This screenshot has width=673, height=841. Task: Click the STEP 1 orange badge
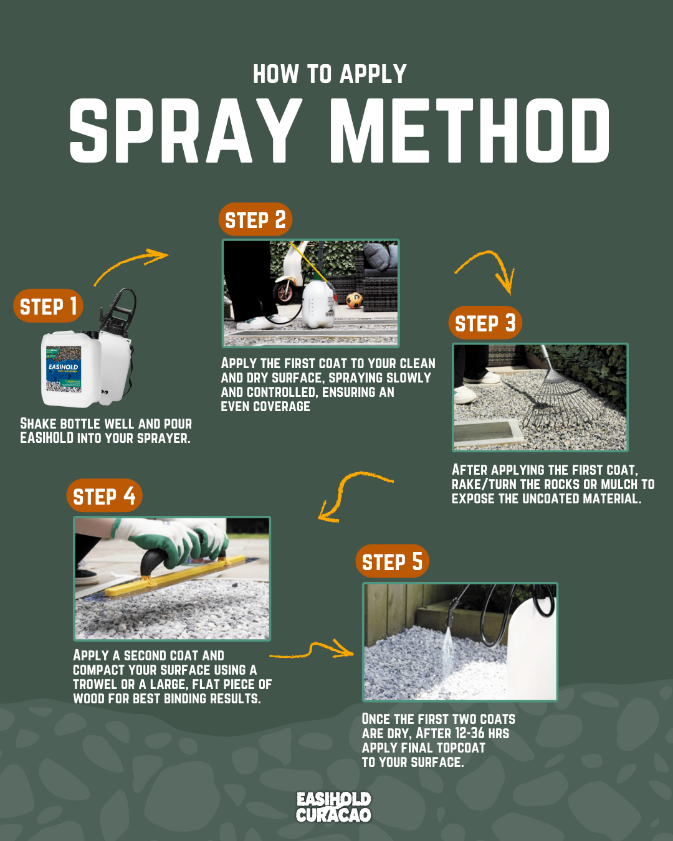pyautogui.click(x=48, y=306)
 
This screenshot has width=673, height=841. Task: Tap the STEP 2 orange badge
pyautogui.click(x=255, y=219)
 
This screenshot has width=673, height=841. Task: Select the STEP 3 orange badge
pyautogui.click(x=485, y=323)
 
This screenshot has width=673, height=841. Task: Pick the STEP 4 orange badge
pyautogui.click(x=105, y=495)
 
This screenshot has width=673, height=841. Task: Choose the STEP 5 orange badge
pyautogui.click(x=392, y=561)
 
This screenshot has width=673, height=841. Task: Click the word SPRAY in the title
pyautogui.click(x=186, y=130)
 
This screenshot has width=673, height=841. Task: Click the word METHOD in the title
pyautogui.click(x=470, y=130)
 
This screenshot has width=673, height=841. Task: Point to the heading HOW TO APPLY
pyautogui.click(x=330, y=74)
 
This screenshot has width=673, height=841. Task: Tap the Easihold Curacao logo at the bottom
pyautogui.click(x=333, y=807)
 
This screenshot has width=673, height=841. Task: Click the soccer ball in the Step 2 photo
pyautogui.click(x=355, y=300)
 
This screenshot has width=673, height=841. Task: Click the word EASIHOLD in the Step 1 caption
pyautogui.click(x=47, y=438)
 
